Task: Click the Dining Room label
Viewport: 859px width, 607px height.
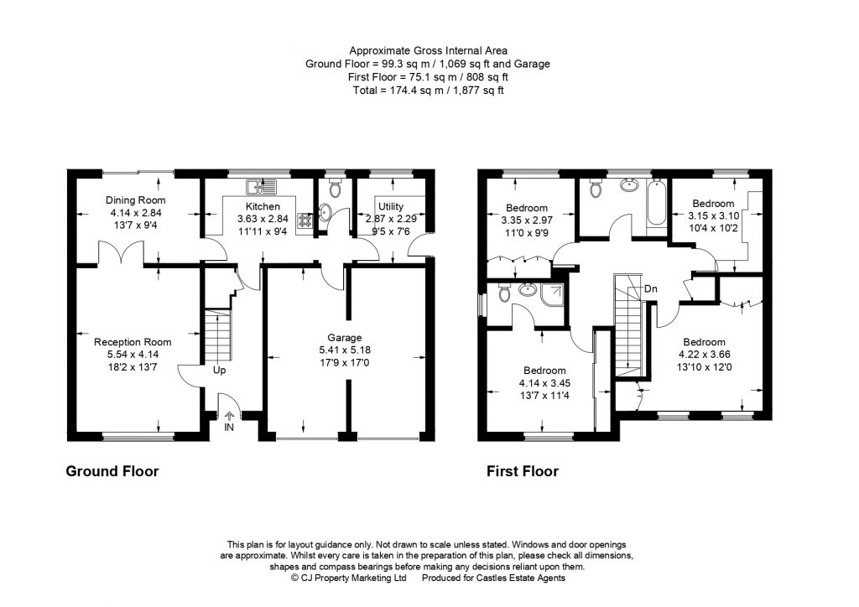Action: [135, 200]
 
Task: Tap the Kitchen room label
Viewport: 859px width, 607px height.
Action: [262, 206]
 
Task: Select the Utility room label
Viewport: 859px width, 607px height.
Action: [391, 206]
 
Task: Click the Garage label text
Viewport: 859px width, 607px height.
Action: [345, 338]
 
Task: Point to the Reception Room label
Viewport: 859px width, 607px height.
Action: [133, 342]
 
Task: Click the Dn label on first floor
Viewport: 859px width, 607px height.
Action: [651, 290]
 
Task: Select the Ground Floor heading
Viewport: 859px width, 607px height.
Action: [112, 471]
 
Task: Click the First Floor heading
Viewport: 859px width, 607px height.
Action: [523, 471]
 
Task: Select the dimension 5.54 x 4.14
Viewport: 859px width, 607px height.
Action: [133, 354]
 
